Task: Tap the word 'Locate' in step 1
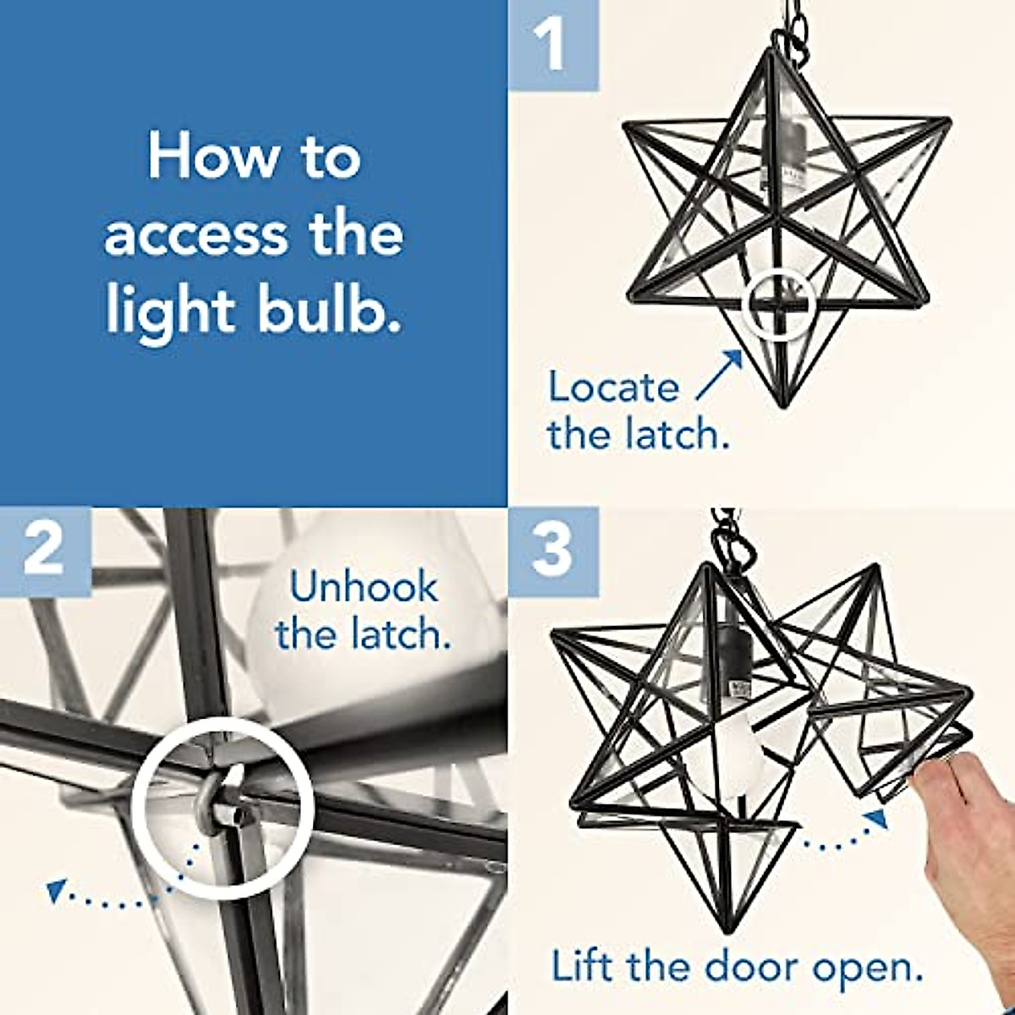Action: click(x=613, y=388)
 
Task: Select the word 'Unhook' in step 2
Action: click(x=364, y=588)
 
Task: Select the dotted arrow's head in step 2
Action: click(x=56, y=889)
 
